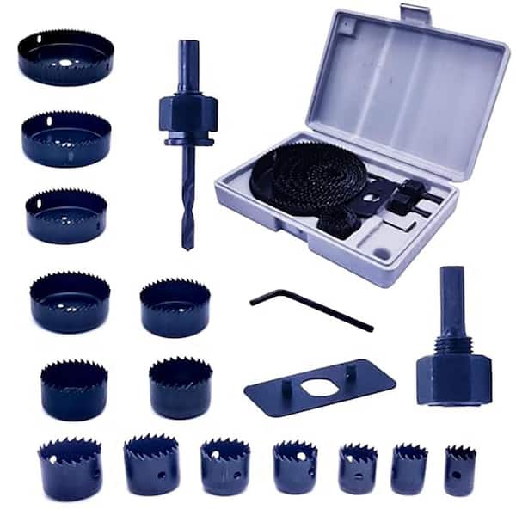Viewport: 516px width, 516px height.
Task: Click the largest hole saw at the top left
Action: tap(65, 57)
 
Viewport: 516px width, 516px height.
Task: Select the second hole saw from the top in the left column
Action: tap(66, 138)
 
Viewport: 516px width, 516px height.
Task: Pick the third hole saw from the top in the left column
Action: tap(66, 216)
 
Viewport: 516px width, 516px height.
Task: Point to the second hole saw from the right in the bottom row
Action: tap(408, 468)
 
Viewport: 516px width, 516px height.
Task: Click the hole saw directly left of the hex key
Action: tap(175, 307)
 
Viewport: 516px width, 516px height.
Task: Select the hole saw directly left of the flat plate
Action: tap(180, 387)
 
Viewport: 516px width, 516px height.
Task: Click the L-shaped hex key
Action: tap(310, 308)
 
